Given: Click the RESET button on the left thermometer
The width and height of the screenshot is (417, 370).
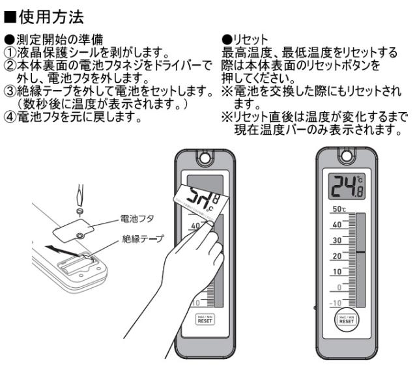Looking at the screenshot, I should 202,319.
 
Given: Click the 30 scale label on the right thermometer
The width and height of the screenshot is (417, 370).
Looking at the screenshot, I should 338,240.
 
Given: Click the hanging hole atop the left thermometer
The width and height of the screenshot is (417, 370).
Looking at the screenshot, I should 203,158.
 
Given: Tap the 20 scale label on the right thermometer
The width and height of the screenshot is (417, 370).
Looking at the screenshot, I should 338,255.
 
